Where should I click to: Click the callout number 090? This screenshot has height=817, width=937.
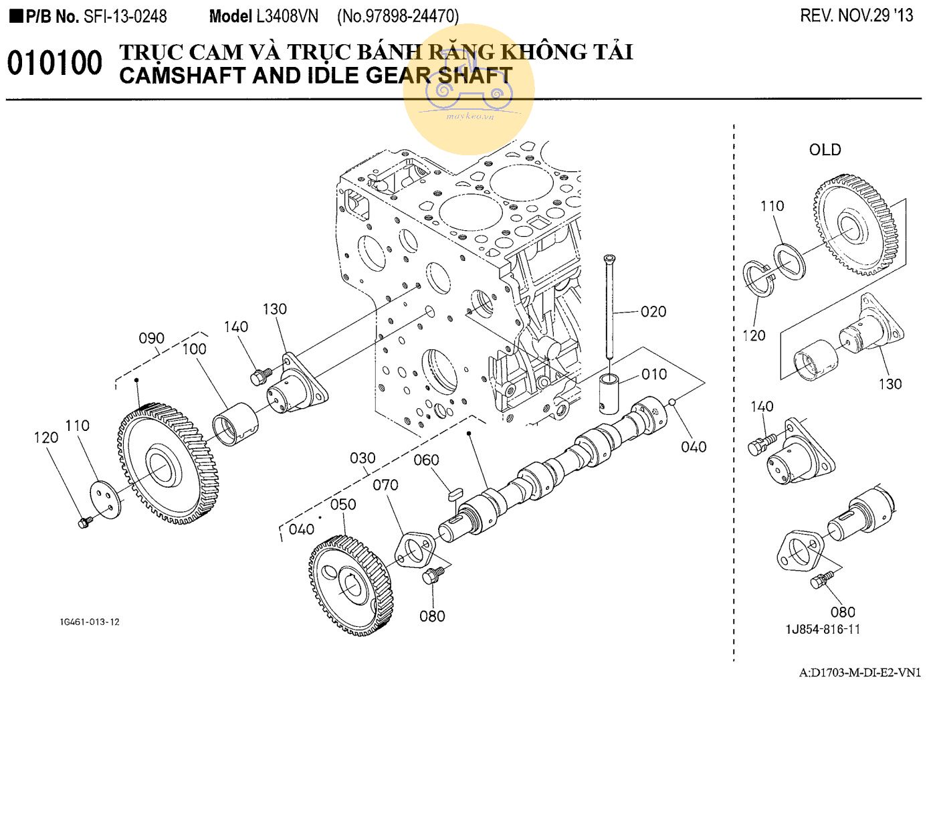[151, 338]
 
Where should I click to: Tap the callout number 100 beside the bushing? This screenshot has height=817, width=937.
[194, 349]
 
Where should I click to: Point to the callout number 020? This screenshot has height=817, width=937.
[653, 311]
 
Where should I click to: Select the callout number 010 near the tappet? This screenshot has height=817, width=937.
[653, 374]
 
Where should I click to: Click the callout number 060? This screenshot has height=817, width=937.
[426, 460]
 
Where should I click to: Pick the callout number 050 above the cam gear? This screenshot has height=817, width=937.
[343, 504]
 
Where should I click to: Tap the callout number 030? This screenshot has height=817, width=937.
[362, 458]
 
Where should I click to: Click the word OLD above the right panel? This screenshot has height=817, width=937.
[825, 150]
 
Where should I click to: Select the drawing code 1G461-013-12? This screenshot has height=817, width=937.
[90, 622]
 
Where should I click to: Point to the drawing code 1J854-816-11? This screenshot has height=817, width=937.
[823, 629]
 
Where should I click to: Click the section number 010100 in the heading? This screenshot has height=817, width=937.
[55, 64]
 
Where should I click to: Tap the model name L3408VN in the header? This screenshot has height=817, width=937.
[287, 16]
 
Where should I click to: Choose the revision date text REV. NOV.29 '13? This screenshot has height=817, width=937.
[856, 16]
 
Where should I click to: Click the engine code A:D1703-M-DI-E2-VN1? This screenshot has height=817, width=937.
[859, 672]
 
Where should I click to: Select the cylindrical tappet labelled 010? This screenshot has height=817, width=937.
[609, 394]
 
